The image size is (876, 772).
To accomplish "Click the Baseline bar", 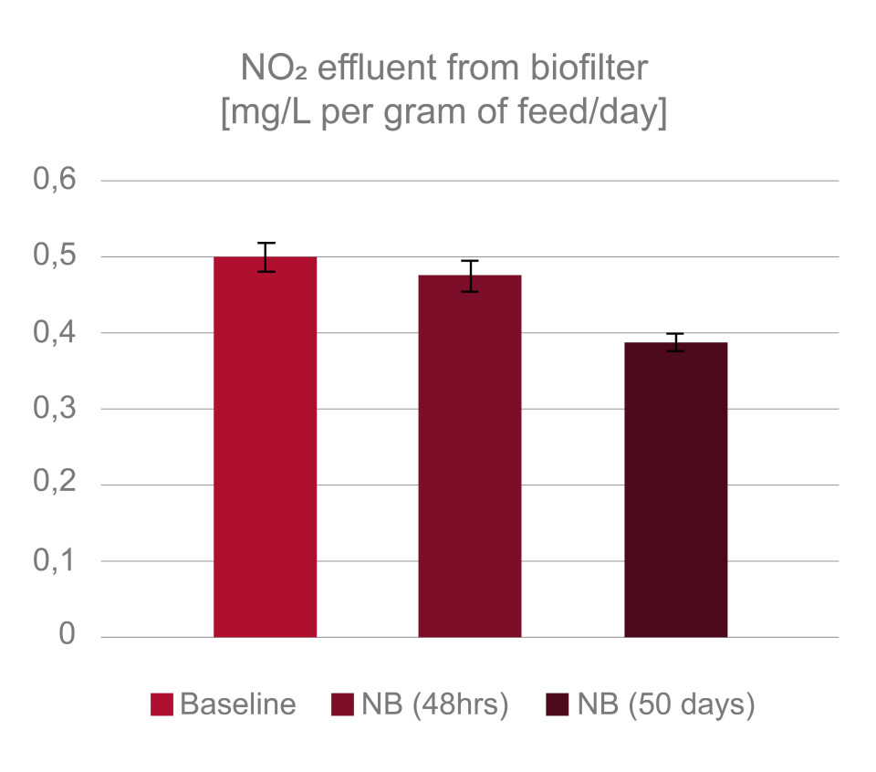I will (x=265, y=447).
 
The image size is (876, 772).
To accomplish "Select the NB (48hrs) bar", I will (x=470, y=456).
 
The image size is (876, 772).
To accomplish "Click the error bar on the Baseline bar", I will (x=266, y=257).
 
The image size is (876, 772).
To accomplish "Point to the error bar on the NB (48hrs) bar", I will (x=470, y=276).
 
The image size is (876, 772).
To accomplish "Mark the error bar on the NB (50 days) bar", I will (x=675, y=342).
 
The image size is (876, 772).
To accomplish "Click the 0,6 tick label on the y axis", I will (x=55, y=181).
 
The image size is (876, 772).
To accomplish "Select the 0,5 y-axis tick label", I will (x=55, y=256).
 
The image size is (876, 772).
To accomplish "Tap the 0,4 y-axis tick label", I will (x=55, y=333).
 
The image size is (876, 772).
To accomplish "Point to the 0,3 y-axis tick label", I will (x=55, y=409).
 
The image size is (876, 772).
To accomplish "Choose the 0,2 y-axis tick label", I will (x=55, y=485).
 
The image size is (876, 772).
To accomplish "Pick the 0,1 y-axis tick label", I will (x=55, y=561).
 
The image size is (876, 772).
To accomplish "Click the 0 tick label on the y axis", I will (x=68, y=636).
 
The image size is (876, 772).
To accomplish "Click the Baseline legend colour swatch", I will (x=162, y=705).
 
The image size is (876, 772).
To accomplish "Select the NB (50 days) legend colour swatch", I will (x=557, y=705).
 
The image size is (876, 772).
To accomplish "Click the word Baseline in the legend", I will (x=238, y=705).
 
